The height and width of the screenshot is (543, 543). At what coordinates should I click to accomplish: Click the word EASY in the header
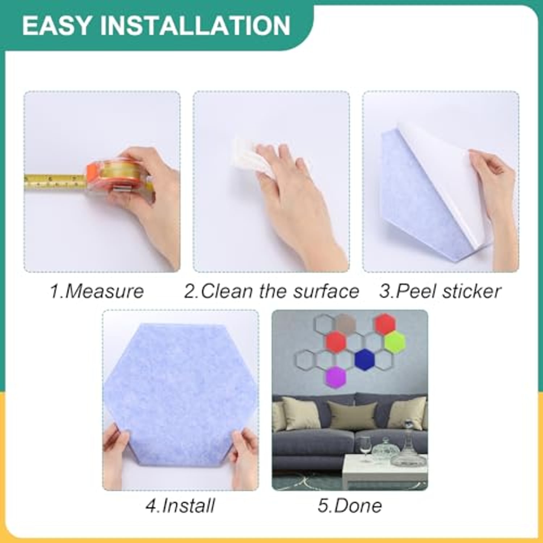click(56, 25)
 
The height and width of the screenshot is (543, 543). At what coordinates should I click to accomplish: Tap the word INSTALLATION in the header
click(195, 25)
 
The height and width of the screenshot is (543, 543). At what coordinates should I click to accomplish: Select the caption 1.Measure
click(97, 291)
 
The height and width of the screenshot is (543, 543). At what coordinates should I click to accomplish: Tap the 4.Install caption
click(180, 506)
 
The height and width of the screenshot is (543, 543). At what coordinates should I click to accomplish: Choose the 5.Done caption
click(350, 506)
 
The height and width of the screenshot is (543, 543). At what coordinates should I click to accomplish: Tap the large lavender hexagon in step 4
click(180, 393)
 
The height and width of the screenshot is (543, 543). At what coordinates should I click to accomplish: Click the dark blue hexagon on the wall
click(365, 359)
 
